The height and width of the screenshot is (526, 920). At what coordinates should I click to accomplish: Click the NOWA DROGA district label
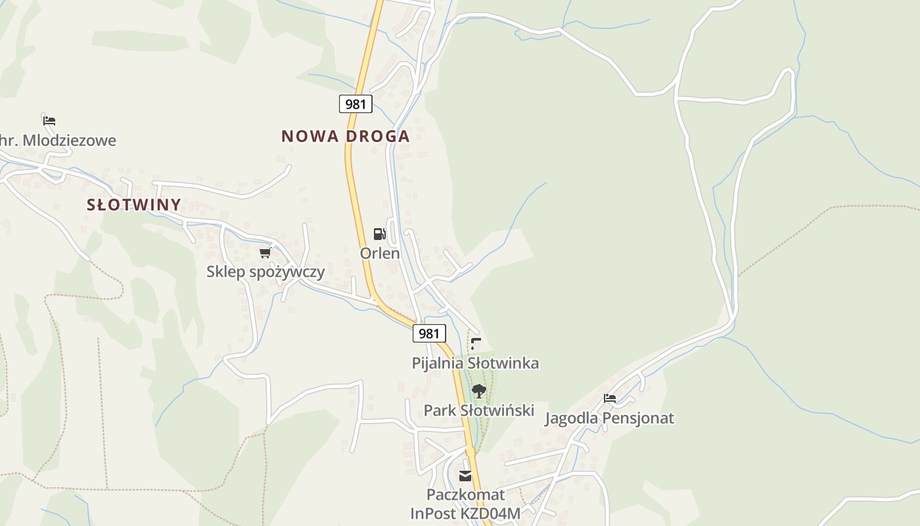click(345, 136)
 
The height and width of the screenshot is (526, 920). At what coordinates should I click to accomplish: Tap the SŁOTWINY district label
click(134, 204)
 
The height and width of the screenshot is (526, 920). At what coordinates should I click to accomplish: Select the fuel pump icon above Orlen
click(379, 234)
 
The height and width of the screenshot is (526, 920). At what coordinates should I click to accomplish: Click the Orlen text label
click(380, 253)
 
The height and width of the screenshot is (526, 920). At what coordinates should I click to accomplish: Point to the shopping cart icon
click(265, 252)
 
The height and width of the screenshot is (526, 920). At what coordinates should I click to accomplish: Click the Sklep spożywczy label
click(265, 272)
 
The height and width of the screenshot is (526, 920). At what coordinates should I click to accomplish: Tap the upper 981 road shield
click(356, 103)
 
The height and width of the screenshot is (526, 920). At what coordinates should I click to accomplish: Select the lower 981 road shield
click(429, 333)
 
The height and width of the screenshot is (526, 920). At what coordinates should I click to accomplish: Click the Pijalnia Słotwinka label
click(475, 363)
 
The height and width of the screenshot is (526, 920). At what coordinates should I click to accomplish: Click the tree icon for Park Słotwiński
click(478, 391)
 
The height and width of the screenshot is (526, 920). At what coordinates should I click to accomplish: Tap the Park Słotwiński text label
click(478, 410)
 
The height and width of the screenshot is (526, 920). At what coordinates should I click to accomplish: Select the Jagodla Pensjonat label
click(609, 418)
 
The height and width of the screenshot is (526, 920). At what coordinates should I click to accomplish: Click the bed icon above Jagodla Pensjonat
click(610, 398)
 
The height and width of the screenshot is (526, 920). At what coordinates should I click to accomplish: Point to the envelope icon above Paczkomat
click(465, 476)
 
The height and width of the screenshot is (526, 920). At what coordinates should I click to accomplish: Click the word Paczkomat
click(465, 494)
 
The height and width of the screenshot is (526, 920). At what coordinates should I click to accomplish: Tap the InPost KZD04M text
click(465, 513)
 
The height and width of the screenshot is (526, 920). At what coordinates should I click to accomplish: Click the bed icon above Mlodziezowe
click(49, 121)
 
